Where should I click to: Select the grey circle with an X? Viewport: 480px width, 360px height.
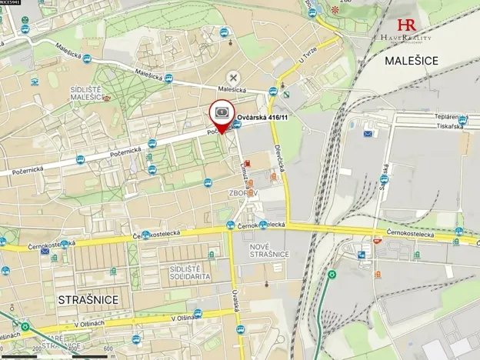(233, 77)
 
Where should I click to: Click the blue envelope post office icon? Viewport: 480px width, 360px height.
(368, 135)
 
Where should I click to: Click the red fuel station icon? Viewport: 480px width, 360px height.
(247, 174)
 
